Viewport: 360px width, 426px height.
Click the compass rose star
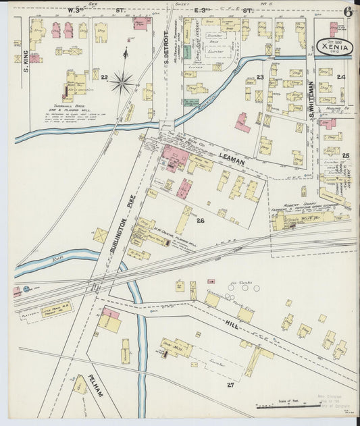tap(122, 82)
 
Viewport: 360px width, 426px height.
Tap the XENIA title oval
tap(333, 45)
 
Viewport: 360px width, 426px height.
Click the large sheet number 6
tap(347, 11)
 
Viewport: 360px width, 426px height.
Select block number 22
tap(104, 78)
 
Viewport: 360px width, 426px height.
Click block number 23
tap(259, 78)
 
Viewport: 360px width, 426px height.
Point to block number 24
tap(341, 78)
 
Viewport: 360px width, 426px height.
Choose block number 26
tap(200, 220)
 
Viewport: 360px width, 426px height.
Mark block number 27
tap(230, 384)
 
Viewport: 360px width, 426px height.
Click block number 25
tap(345, 156)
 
